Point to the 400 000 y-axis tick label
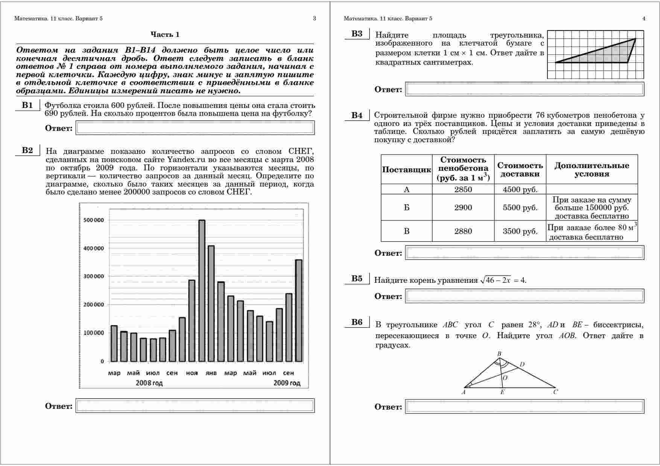91,249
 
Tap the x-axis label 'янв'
211,373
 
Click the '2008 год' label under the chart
149,383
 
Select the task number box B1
27,105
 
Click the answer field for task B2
195,406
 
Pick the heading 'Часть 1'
165,35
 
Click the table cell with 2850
463,190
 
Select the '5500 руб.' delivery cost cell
520,208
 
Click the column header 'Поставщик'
406,170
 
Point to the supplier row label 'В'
406,231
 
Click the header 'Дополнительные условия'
592,170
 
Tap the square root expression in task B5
496,280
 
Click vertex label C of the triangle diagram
555,392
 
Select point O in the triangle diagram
505,378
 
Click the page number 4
644,18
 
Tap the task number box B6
357,322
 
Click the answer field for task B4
525,253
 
